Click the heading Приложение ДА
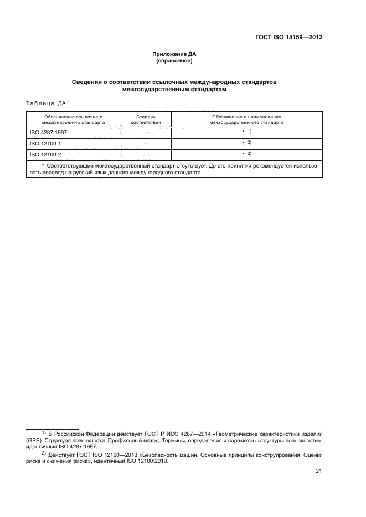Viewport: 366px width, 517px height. [174, 54]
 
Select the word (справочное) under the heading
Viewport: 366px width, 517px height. [174, 61]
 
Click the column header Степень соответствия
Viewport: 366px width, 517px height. [146, 119]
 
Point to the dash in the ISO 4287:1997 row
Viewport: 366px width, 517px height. [146, 133]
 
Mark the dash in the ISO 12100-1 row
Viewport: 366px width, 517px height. [146, 144]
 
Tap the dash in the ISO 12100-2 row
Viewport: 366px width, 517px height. [146, 155]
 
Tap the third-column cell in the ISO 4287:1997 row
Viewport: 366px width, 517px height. [246, 133]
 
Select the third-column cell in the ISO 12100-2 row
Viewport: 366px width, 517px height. [246, 154]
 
